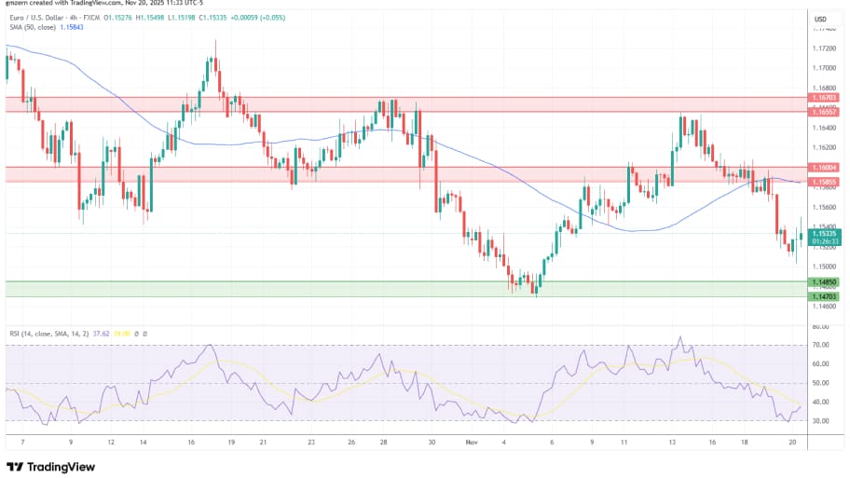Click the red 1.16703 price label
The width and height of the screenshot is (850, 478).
coord(825,97)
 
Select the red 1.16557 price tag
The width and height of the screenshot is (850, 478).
coord(825,111)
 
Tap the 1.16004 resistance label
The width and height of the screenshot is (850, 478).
coord(825,168)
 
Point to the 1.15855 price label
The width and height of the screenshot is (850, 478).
coord(825,180)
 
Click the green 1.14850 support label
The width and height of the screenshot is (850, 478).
coord(825,281)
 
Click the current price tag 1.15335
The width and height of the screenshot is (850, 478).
coord(825,234)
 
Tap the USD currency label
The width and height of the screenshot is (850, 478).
coord(821,19)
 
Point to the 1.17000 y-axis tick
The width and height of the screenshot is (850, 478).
coord(824,68)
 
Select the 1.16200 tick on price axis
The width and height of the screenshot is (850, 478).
coord(824,147)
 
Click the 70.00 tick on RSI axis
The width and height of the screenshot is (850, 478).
coord(821,346)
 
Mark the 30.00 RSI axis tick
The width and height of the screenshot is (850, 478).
coord(821,421)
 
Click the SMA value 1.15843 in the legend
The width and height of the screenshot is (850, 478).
coord(70,27)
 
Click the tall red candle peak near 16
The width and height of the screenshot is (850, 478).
coord(216,41)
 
